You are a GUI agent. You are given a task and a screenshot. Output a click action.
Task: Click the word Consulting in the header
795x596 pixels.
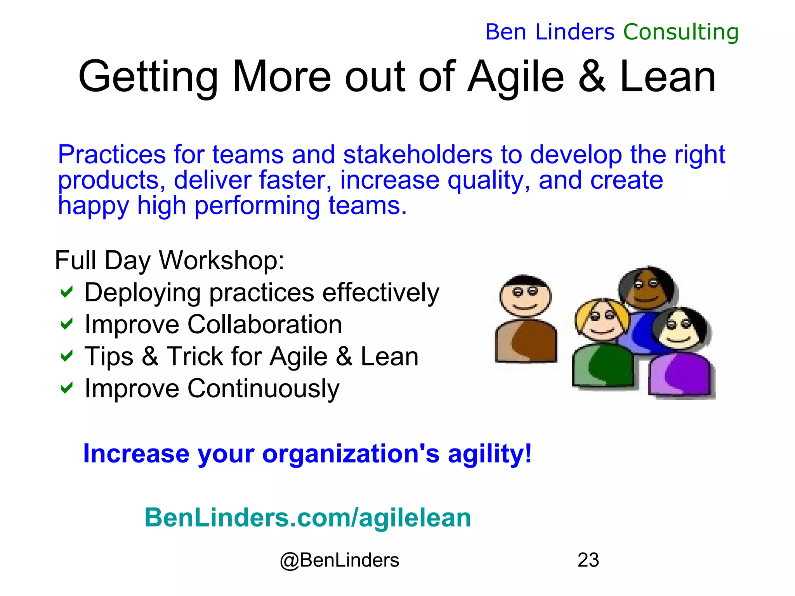(x=680, y=32)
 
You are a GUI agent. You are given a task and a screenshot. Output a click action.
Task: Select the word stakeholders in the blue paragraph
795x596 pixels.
(x=418, y=154)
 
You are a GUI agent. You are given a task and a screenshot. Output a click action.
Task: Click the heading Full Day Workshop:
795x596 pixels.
(x=170, y=260)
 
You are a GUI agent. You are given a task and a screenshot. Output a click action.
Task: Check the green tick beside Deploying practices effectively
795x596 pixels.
(x=67, y=292)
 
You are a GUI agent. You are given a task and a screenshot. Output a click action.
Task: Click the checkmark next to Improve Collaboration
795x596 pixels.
(x=67, y=324)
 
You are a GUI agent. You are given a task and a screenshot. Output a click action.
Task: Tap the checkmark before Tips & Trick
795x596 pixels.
(x=67, y=356)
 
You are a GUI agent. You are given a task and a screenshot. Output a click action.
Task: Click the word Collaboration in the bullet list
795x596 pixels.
(x=265, y=324)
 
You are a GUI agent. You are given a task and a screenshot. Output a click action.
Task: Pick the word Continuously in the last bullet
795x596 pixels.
(x=264, y=388)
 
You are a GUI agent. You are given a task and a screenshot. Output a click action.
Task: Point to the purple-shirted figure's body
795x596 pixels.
(x=682, y=374)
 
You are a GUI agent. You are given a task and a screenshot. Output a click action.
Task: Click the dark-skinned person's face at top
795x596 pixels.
(x=646, y=289)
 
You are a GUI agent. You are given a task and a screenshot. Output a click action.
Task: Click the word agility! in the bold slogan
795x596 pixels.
(x=489, y=454)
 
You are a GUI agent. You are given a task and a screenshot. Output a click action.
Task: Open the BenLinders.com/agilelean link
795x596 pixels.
(x=307, y=518)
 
